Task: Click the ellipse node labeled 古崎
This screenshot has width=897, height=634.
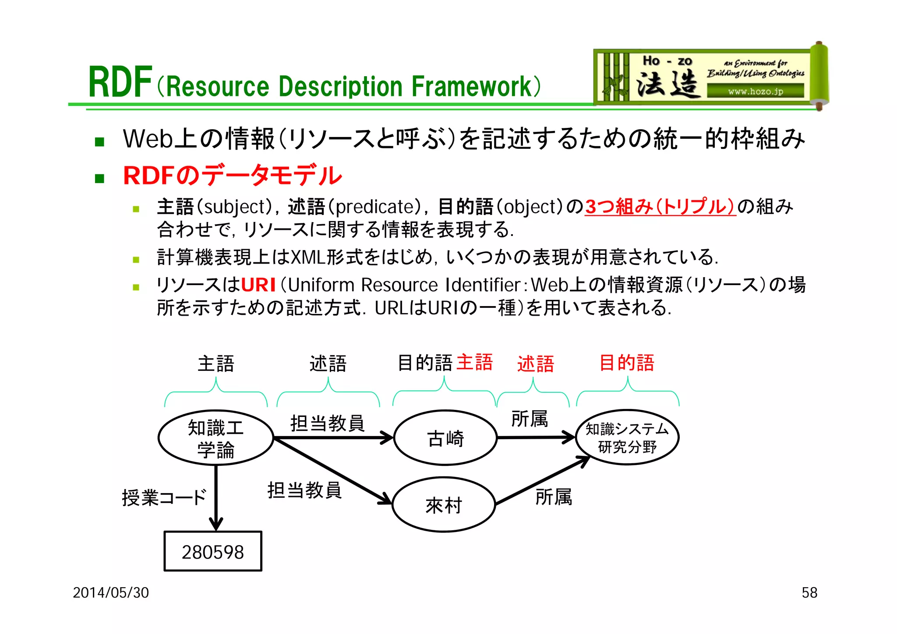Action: pos(445,438)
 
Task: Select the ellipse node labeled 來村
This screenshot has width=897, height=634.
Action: pos(444,505)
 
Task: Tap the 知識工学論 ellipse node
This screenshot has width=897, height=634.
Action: pos(215,438)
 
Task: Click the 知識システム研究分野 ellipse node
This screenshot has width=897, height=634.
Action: pos(627,437)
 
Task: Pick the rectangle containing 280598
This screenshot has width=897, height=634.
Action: pos(213,552)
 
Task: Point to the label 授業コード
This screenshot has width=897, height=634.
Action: pos(164,498)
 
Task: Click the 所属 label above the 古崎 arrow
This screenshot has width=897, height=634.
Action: pos(530,419)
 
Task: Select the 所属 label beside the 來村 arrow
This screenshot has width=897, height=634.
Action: pos(554,497)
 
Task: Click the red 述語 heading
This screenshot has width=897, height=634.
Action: pos(535,364)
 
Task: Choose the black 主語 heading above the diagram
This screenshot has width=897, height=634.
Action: pos(215,364)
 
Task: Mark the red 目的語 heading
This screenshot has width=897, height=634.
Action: pos(626,363)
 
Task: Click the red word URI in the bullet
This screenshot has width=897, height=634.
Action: pos(258,285)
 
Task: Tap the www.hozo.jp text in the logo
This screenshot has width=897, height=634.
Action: pos(755,92)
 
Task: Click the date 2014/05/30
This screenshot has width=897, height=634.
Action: pos(111,592)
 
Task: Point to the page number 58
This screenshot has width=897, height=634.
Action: pos(809,592)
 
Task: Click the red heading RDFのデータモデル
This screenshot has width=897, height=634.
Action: pos(232,176)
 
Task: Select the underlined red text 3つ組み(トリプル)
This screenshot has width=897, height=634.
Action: pos(660,207)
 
